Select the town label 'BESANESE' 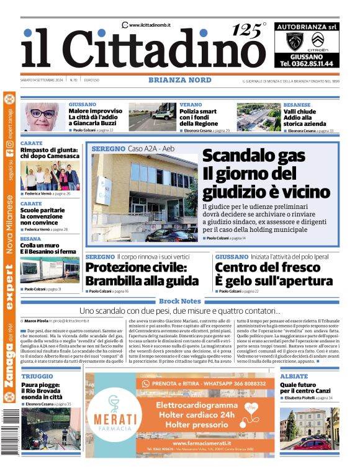click(297, 105)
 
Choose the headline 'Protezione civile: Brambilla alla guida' click(143, 273)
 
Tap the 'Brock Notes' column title click(179, 301)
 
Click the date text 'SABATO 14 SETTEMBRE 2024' click(42, 81)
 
